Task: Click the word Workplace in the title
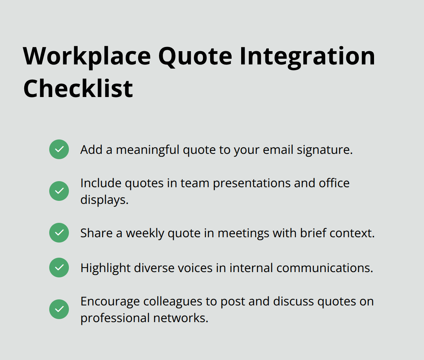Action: click(x=87, y=56)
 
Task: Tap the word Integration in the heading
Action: click(x=307, y=56)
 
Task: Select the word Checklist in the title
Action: click(x=78, y=89)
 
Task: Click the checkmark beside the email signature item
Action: click(x=59, y=149)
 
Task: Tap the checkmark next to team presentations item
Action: click(x=59, y=191)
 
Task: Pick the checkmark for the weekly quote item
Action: click(x=59, y=233)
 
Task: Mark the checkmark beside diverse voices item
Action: click(x=59, y=268)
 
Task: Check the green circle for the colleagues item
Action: click(x=59, y=309)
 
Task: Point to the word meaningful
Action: click(x=148, y=150)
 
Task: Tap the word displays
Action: click(x=104, y=200)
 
